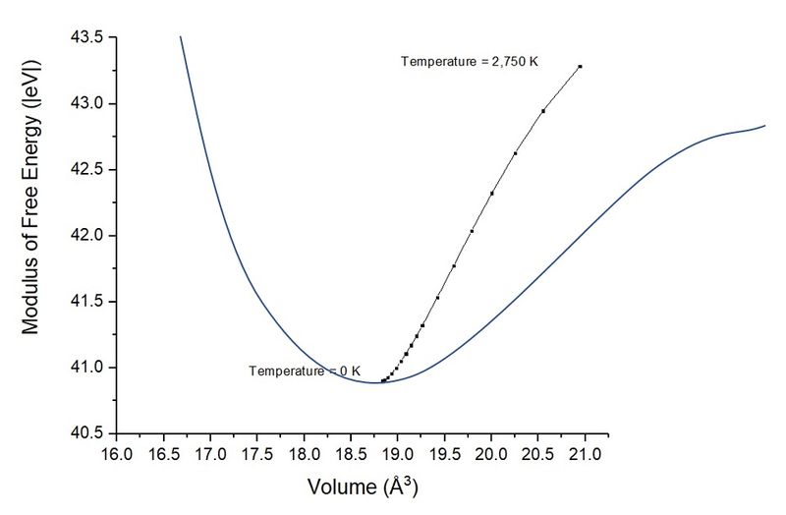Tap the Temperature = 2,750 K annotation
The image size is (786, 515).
pyautogui.click(x=470, y=62)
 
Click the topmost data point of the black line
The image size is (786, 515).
pyautogui.click(x=581, y=66)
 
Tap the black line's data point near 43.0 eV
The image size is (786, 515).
pyautogui.click(x=543, y=111)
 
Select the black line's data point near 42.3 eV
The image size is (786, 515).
pyautogui.click(x=491, y=194)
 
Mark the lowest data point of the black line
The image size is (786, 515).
pyautogui.click(x=382, y=380)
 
